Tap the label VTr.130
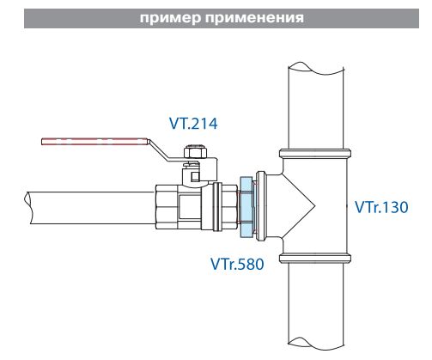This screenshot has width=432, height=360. click(x=382, y=206)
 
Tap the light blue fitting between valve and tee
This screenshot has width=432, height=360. click(x=246, y=206)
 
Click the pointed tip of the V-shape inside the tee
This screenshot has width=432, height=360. click(x=316, y=205)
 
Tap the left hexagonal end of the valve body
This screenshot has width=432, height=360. click(x=167, y=207)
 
